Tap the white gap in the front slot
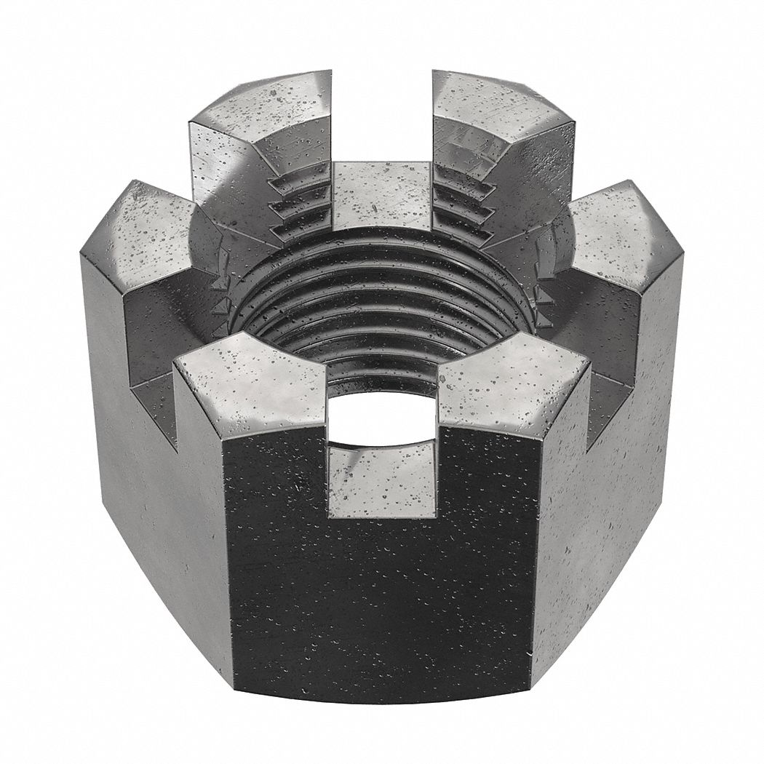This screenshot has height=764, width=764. (x=382, y=422)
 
